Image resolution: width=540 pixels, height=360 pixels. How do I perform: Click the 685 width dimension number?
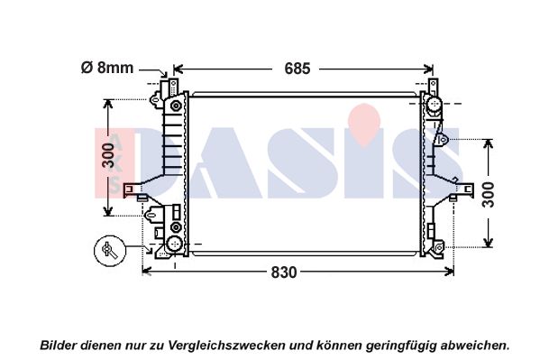(x=297, y=69)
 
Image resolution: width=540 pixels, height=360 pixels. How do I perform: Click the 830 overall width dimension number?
(x=284, y=272)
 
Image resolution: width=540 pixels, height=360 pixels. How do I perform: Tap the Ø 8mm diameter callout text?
(x=107, y=68)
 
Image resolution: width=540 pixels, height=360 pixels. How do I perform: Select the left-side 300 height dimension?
(x=108, y=156)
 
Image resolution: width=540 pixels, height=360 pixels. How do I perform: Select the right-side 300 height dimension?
(x=488, y=195)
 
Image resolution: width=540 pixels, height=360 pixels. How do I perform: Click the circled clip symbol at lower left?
(x=110, y=251)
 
